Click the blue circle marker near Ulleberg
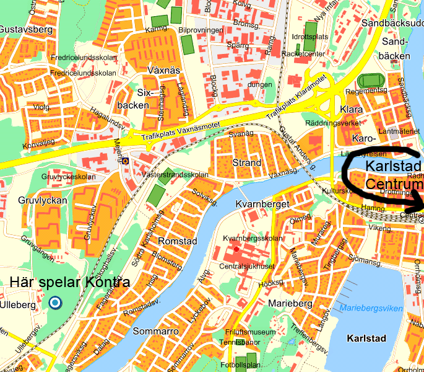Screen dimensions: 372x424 [x=55, y=303]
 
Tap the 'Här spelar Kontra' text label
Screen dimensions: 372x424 [x=70, y=283]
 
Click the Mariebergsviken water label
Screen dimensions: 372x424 [x=371, y=308]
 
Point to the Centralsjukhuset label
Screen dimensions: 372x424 [x=246, y=267]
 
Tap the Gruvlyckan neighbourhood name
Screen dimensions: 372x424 [x=29, y=201]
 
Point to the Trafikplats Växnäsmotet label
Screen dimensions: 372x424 [x=181, y=126]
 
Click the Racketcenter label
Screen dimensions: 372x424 [x=303, y=53]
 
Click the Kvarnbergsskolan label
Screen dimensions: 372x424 [x=253, y=239]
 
